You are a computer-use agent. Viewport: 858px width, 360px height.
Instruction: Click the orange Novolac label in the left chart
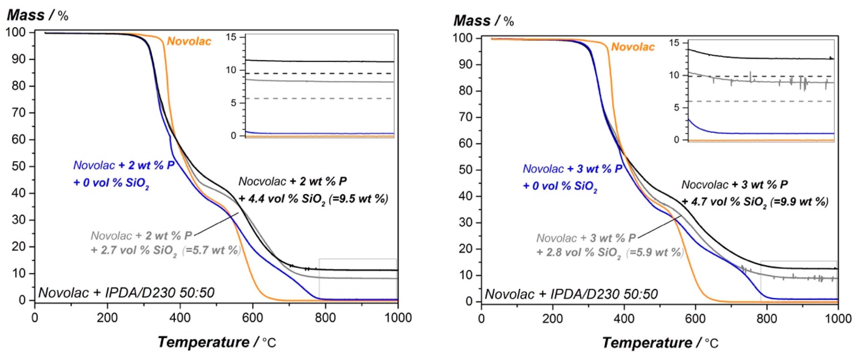(189, 41)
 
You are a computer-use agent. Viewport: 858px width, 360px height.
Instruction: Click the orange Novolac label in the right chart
(633, 47)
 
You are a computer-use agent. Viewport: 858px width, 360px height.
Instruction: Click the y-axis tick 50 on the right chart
(465, 170)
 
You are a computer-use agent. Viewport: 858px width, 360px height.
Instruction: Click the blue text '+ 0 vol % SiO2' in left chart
(111, 183)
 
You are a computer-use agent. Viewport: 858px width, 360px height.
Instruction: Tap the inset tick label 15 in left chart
(231, 37)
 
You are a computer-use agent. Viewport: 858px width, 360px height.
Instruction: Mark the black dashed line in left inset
(320, 73)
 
